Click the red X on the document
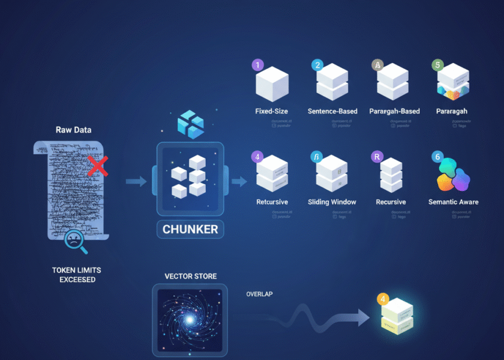tap(97, 165)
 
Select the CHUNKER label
tap(190, 229)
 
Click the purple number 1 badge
tap(258, 65)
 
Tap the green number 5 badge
tap(438, 65)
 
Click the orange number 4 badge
tap(383, 299)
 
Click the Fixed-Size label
tap(272, 111)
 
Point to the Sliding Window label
tap(332, 202)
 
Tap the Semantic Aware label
tap(453, 202)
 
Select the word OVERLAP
tap(260, 295)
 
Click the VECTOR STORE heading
tap(190, 277)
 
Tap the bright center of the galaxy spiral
tap(190, 320)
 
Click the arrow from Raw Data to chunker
tap(137, 181)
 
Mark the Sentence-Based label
tap(332, 111)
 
